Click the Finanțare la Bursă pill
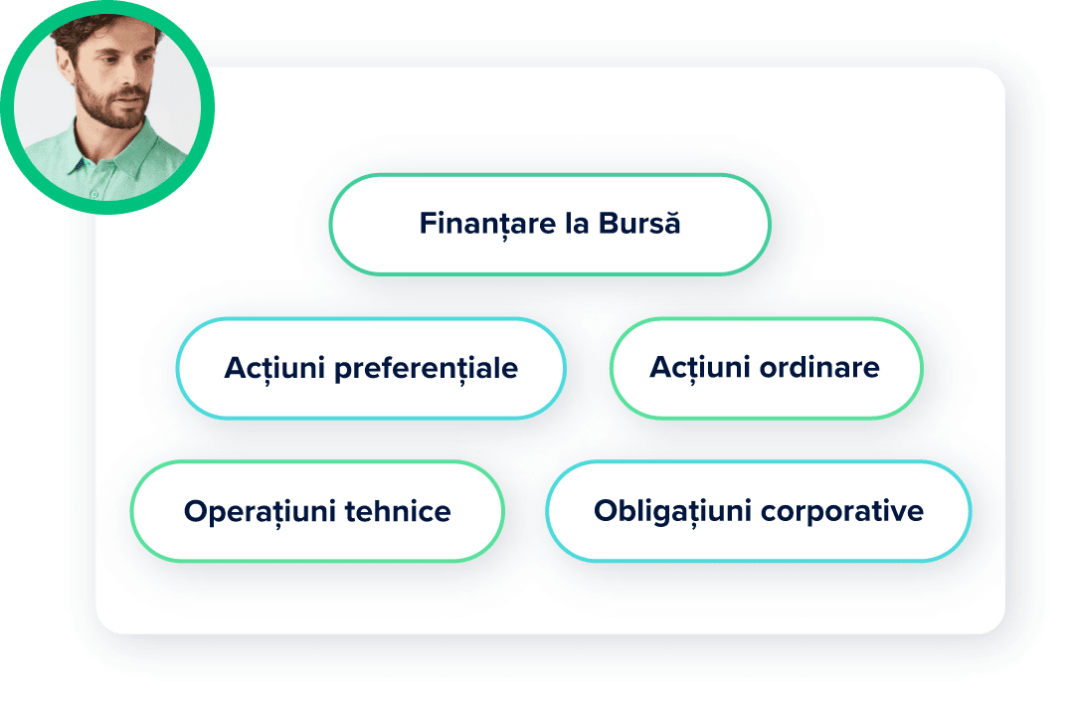click(x=549, y=224)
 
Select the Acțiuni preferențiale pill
click(x=370, y=368)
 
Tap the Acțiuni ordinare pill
click(x=765, y=368)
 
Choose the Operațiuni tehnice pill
click(x=317, y=511)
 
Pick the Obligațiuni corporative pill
click(x=758, y=511)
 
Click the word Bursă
click(x=640, y=224)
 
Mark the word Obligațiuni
click(x=673, y=511)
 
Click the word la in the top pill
click(x=576, y=224)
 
